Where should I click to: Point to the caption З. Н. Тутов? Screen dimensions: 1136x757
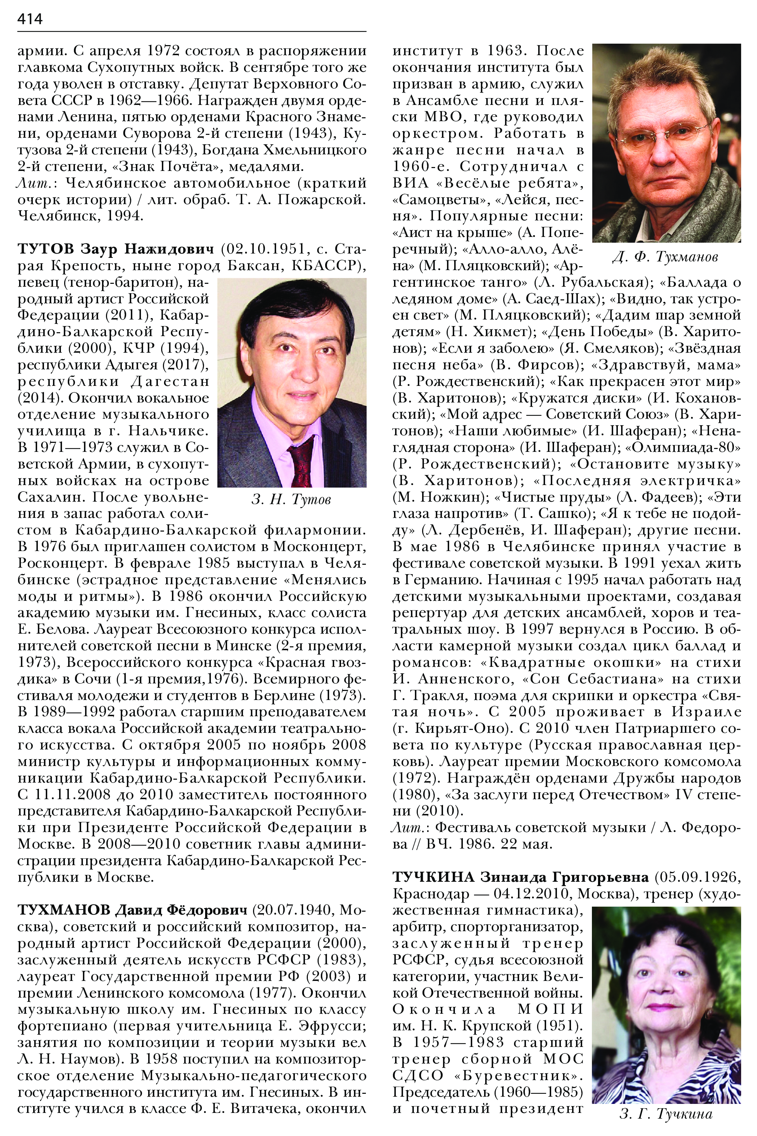pyautogui.click(x=291, y=499)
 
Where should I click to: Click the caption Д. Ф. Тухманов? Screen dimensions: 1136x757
pyautogui.click(x=665, y=256)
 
